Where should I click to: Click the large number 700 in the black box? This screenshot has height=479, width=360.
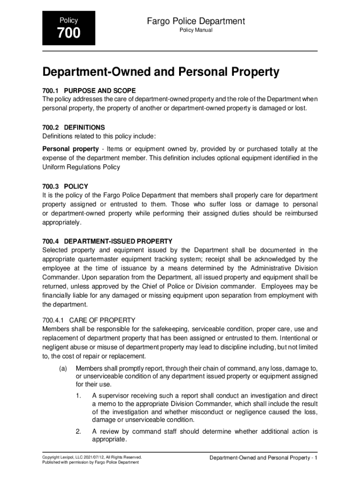pyautogui.click(x=69, y=33)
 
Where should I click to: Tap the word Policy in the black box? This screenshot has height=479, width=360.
pyautogui.click(x=69, y=21)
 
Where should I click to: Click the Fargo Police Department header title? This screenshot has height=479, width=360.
pyautogui.click(x=196, y=21)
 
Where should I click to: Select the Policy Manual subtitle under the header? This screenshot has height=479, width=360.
pyautogui.click(x=196, y=30)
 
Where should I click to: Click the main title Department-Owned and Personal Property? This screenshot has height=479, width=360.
pyautogui.click(x=161, y=73)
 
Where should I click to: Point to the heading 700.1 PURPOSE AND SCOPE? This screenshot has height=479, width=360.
pyautogui.click(x=89, y=90)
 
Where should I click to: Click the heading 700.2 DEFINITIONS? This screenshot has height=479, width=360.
pyautogui.click(x=73, y=127)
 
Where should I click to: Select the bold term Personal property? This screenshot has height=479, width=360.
pyautogui.click(x=69, y=149)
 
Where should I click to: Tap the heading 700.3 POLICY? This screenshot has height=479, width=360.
pyautogui.click(x=65, y=186)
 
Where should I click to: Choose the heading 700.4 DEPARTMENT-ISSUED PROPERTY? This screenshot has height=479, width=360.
pyautogui.click(x=107, y=241)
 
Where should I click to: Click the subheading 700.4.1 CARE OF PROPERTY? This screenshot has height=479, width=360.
pyautogui.click(x=88, y=320)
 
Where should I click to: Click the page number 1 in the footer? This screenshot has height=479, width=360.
pyautogui.click(x=316, y=457)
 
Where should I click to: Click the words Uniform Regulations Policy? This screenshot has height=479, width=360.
pyautogui.click(x=81, y=167)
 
